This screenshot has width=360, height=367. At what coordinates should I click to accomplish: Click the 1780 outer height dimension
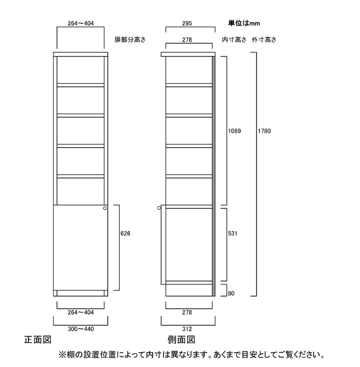tap(264, 131)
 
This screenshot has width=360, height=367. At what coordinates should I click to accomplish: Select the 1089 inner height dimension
tap(235, 131)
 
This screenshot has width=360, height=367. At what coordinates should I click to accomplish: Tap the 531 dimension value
tap(232, 233)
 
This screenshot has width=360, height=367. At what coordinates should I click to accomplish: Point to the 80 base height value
tap(231, 293)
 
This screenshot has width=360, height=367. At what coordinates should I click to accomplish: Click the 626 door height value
tap(125, 233)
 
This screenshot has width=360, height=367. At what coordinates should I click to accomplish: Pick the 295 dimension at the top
tap(187, 24)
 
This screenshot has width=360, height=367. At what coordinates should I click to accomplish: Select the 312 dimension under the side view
tap(187, 329)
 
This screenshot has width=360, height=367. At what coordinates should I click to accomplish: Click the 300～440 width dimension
tap(81, 329)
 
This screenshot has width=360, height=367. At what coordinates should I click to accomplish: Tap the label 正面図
tap(38, 340)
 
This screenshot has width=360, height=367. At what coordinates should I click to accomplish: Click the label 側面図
tap(182, 340)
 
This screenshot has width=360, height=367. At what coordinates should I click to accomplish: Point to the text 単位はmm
tap(244, 23)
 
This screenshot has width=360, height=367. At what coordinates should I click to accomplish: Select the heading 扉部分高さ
tap(130, 40)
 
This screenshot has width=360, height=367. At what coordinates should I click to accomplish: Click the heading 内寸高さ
tap(234, 40)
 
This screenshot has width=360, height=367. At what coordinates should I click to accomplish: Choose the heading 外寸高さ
tap(264, 40)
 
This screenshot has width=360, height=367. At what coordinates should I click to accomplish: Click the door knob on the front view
tap(105, 208)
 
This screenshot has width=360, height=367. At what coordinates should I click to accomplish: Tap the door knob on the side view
tap(159, 208)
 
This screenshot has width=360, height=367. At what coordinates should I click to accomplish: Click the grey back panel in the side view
tap(213, 176)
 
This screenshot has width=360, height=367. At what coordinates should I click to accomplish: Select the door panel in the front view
tap(81, 248)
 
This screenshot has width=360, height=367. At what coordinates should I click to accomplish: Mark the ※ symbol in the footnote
tap(63, 355)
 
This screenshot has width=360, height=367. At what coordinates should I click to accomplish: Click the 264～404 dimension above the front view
tap(81, 24)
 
